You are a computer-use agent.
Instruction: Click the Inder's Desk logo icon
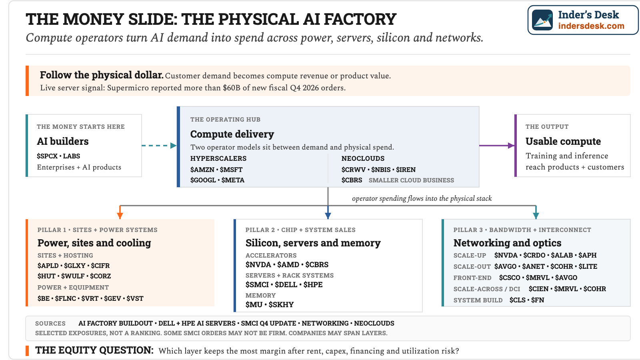click(x=542, y=20)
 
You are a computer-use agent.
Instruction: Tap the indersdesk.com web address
click(x=591, y=26)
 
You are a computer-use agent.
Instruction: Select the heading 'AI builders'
click(x=62, y=142)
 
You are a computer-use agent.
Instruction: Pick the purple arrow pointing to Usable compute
click(x=497, y=146)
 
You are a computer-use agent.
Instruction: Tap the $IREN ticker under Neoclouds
click(x=406, y=170)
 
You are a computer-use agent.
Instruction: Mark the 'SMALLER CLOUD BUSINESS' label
click(x=411, y=180)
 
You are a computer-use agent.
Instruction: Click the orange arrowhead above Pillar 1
click(x=120, y=216)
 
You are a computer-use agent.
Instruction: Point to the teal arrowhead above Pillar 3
click(x=536, y=216)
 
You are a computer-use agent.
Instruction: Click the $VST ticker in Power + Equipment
click(x=135, y=298)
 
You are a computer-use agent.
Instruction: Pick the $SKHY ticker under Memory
click(x=281, y=305)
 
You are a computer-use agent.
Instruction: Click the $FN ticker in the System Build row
click(x=538, y=300)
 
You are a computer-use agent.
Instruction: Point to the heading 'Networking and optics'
click(x=507, y=243)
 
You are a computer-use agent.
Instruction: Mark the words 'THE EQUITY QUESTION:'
click(x=94, y=350)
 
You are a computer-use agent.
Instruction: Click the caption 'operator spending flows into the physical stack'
click(x=422, y=198)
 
